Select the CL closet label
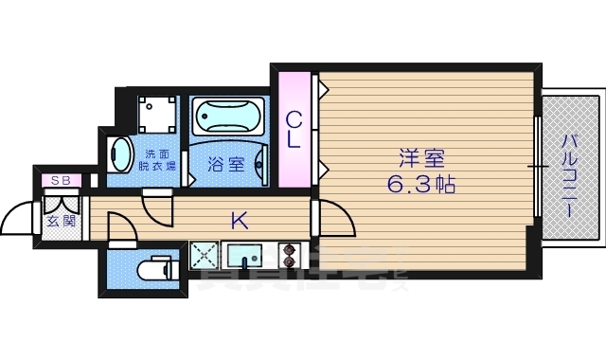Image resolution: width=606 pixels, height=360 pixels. (x=294, y=131)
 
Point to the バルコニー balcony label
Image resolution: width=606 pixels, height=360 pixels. (x=569, y=176)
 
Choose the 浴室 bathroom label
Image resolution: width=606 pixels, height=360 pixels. (x=225, y=164)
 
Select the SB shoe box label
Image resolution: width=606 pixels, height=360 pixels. (x=61, y=180)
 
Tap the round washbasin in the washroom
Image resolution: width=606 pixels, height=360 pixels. (x=119, y=153)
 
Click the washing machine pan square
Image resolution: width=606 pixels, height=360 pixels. (x=157, y=115)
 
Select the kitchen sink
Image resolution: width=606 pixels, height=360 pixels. (x=248, y=256)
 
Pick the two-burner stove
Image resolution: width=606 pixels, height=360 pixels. (x=288, y=256)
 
